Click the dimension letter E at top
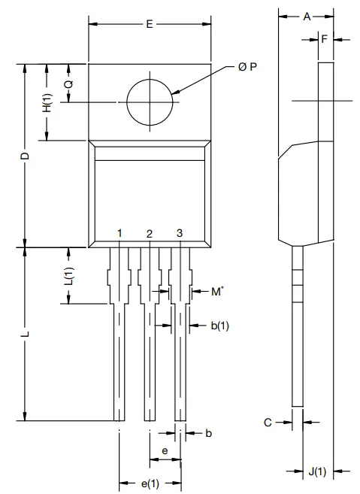150,25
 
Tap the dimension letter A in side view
307,16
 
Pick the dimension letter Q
68,84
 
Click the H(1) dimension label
47,104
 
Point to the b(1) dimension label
219,326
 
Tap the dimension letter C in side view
267,423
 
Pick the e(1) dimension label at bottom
150,482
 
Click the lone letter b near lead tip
209,433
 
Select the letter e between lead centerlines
165,450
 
